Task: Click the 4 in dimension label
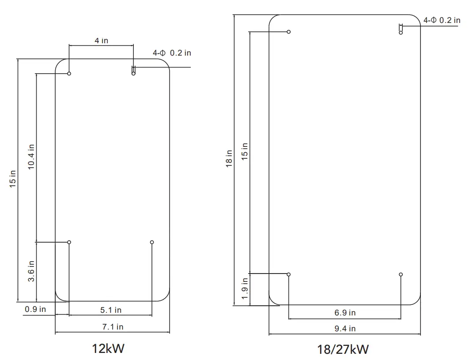[x=101, y=41]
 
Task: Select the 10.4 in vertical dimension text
[x=31, y=157]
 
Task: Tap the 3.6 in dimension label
[x=31, y=272]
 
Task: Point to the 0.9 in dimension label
[x=35, y=309]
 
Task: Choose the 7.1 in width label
[x=112, y=327]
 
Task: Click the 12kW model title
[x=108, y=349]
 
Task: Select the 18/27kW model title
[x=343, y=350]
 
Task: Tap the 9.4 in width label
[x=344, y=329]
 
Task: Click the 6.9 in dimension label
[x=344, y=313]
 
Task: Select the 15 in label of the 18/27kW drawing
[x=245, y=152]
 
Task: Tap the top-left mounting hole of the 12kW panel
[x=69, y=74]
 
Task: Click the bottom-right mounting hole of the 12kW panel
[x=152, y=242]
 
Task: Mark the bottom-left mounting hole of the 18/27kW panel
[x=289, y=274]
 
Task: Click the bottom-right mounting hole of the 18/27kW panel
[x=401, y=274]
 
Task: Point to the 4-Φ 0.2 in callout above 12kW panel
[x=172, y=53]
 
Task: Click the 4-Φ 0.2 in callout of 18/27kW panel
[x=442, y=20]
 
